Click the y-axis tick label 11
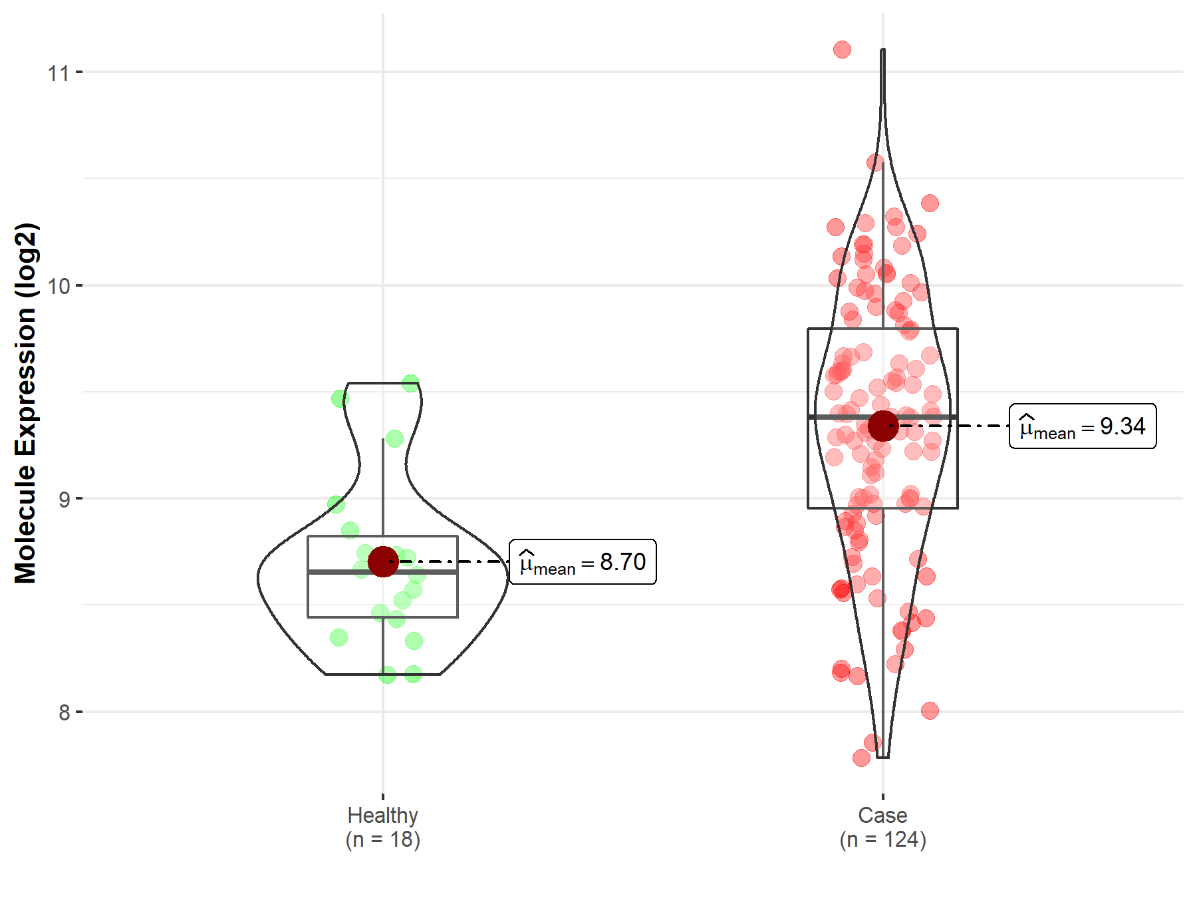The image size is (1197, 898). [x=58, y=73]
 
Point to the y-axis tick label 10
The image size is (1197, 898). [x=58, y=286]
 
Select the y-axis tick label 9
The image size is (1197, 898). [x=64, y=499]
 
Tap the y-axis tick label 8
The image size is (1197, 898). [x=64, y=712]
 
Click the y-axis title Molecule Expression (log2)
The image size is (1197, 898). [x=25, y=403]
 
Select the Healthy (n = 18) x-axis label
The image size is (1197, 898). [x=382, y=827]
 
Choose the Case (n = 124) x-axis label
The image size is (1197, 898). [x=882, y=827]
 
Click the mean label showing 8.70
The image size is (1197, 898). [x=583, y=562]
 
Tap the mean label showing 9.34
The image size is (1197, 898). [x=1083, y=426]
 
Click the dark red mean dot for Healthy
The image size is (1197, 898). [x=383, y=562]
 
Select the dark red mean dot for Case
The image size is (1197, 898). [x=883, y=426]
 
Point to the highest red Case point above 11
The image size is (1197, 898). [x=842, y=49]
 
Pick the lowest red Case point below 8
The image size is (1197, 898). [x=861, y=758]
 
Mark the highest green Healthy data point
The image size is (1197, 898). [x=410, y=383]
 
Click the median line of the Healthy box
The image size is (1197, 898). [x=346, y=571]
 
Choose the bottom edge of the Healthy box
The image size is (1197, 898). [x=346, y=617]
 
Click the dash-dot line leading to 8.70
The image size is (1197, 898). [x=459, y=562]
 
